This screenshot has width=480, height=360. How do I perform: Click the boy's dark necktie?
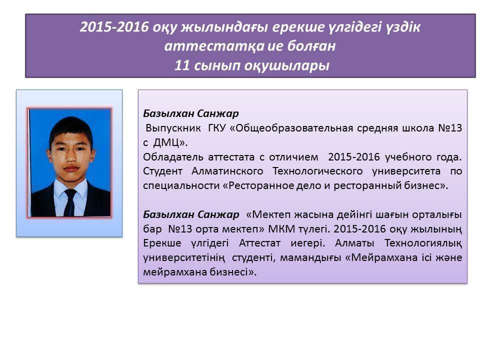click(x=70, y=202)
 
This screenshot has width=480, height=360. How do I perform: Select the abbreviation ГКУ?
click(x=216, y=127)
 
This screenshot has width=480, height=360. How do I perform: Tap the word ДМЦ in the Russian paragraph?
click(x=167, y=142)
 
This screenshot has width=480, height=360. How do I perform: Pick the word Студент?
click(x=162, y=171)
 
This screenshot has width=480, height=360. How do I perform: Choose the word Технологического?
click(x=317, y=171)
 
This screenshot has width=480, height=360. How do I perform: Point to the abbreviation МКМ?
click(x=278, y=228)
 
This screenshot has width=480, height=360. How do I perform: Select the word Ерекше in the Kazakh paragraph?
click(x=162, y=243)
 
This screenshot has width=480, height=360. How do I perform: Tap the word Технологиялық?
click(x=423, y=243)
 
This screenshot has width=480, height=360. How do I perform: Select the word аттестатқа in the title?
click(x=214, y=46)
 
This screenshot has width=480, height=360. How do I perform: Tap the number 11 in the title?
click(x=181, y=65)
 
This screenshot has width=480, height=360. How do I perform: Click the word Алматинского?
click(x=227, y=171)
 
